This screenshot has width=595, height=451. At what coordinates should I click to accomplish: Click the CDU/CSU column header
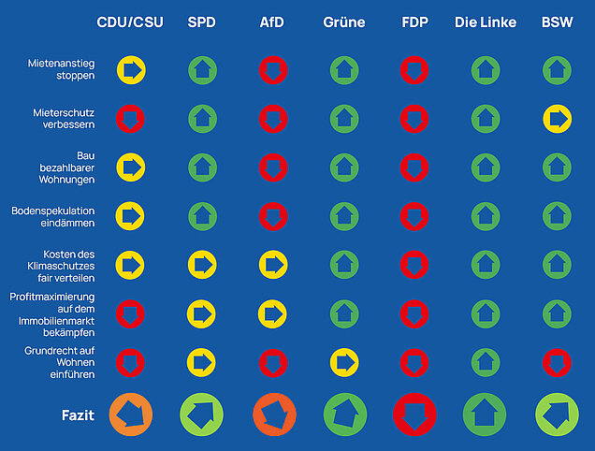tap(130, 22)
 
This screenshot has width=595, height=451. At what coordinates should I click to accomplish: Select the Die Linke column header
tap(486, 22)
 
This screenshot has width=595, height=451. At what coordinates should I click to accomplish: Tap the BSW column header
tap(557, 22)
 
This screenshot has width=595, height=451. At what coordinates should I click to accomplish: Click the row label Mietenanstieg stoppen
tap(61, 69)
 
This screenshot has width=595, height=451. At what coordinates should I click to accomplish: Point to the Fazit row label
tap(79, 415)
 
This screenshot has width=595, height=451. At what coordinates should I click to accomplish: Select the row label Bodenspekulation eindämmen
tap(52, 217)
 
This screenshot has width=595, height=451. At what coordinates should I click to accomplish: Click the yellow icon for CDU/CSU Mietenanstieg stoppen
tap(131, 70)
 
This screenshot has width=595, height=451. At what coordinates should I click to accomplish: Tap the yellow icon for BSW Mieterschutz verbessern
tap(557, 119)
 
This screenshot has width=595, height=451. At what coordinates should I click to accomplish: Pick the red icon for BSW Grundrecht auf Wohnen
tap(557, 363)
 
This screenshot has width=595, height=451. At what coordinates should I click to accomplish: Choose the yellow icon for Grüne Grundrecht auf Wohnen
tap(344, 362)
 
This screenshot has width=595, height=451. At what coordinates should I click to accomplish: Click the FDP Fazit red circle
tap(414, 415)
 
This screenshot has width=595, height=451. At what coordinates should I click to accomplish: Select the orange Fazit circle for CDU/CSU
tap(131, 415)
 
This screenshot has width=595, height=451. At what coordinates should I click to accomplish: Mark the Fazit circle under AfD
tap(274, 415)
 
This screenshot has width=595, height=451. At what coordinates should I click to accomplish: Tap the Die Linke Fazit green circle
tap(485, 415)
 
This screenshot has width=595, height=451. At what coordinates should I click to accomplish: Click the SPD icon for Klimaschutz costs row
tap(202, 265)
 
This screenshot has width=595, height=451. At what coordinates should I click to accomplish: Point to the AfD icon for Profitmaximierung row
tap(272, 314)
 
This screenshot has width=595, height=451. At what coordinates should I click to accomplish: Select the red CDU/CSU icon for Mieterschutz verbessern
tap(130, 119)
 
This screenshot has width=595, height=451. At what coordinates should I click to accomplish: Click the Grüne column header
tap(344, 22)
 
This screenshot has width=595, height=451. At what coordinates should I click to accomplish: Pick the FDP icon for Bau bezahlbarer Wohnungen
tap(414, 167)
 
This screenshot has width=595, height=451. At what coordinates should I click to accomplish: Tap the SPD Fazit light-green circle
tap(201, 415)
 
